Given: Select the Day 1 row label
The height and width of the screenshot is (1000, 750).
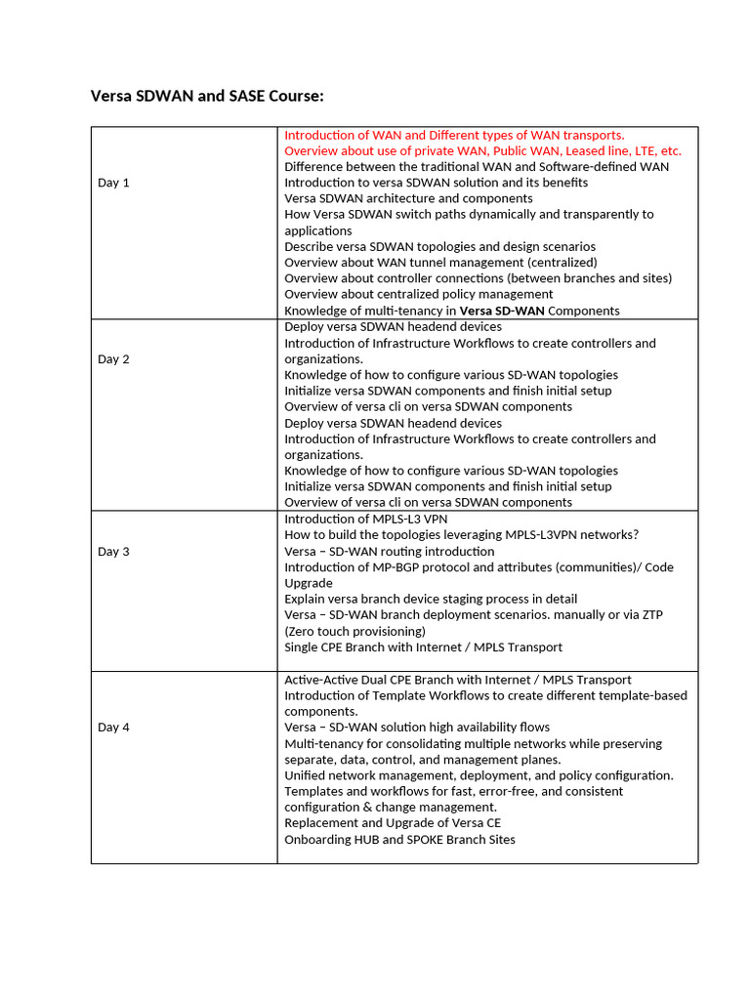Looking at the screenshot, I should tap(113, 183).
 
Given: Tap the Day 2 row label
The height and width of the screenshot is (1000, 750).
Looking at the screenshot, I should tap(113, 359).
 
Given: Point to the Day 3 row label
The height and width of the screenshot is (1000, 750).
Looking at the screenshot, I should tap(113, 552).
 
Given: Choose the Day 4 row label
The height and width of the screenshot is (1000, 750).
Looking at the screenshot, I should tap(113, 728).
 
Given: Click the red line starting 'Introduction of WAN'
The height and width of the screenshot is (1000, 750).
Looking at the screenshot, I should tap(454, 135).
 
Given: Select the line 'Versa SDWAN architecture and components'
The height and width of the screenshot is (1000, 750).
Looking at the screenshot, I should tap(408, 198).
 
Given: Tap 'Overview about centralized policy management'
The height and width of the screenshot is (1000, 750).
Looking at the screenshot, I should tap(418, 294).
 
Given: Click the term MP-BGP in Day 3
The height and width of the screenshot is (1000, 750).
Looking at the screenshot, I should tap(389, 567).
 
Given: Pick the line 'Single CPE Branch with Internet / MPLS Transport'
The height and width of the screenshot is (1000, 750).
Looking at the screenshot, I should tap(423, 646).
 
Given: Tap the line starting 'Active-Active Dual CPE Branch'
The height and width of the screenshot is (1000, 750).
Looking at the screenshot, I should tap(457, 680).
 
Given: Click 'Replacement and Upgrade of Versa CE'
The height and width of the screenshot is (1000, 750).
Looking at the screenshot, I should tap(393, 823).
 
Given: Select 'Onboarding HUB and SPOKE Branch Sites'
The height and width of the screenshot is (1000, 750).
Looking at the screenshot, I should tap(399, 840).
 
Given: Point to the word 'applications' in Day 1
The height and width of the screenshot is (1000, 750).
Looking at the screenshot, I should tap(318, 230).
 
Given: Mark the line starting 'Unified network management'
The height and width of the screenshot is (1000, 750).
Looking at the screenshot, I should tap(479, 775).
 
